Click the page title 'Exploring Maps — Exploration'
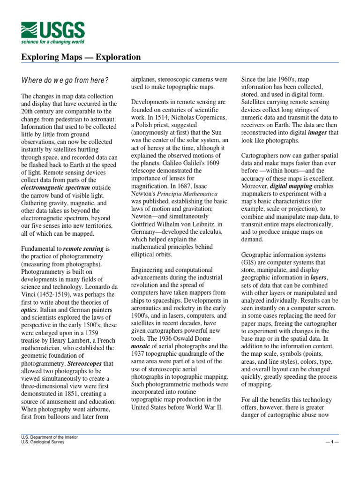(x=81, y=57)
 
